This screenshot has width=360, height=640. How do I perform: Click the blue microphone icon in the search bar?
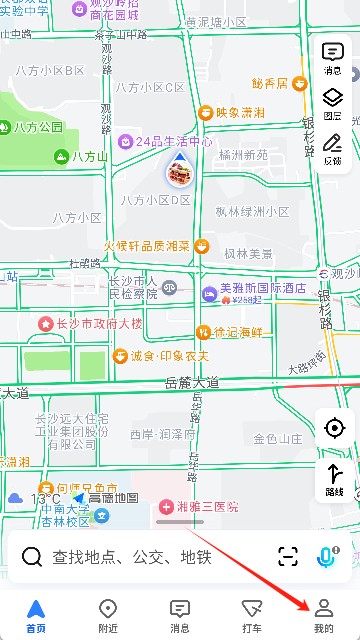point(327,556)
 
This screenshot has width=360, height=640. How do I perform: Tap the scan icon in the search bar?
point(288,557)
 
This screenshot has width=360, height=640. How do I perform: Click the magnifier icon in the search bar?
point(32,557)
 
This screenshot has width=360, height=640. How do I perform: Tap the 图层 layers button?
point(332,103)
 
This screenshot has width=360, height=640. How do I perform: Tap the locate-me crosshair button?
point(334,428)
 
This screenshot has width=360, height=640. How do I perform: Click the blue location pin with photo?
point(180,172)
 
